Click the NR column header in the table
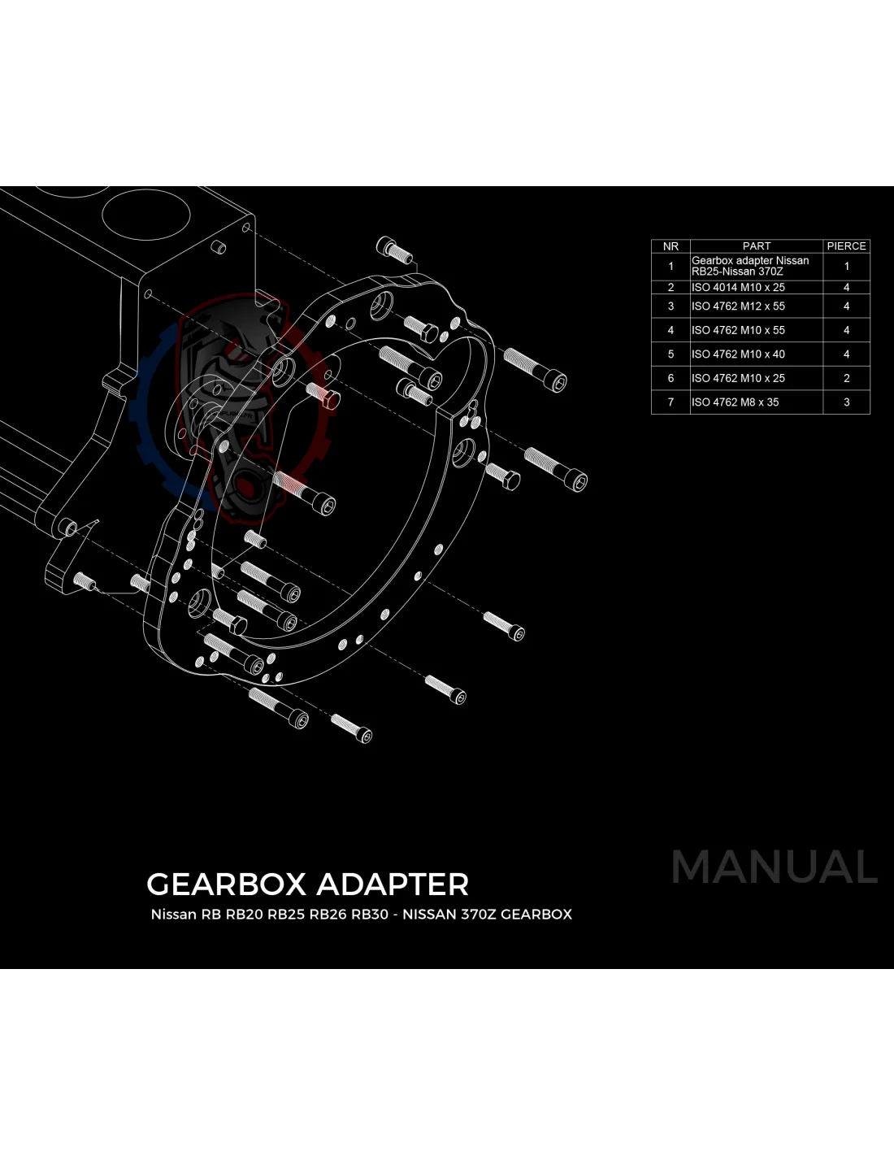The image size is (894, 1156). (670, 246)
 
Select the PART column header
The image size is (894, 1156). (756, 246)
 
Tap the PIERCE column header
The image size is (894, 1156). (846, 246)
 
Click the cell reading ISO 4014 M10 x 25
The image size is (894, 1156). (738, 288)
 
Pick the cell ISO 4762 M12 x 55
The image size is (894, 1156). (738, 306)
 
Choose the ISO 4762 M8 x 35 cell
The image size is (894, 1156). (735, 402)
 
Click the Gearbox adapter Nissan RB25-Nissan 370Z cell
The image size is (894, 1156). (750, 266)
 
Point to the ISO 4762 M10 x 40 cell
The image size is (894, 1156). (738, 354)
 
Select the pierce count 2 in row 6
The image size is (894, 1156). (846, 378)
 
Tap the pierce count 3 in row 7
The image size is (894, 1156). (846, 402)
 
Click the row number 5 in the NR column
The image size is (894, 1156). (670, 354)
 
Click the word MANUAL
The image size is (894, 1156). (774, 867)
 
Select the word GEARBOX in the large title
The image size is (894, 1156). (225, 884)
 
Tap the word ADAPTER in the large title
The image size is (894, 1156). (392, 884)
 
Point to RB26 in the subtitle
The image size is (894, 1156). (328, 915)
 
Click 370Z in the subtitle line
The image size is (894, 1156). (479, 915)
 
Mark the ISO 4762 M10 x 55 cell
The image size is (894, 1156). (738, 331)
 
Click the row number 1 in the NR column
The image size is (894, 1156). (670, 266)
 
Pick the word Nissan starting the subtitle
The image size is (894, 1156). (173, 915)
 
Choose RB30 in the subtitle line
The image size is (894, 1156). (370, 915)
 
